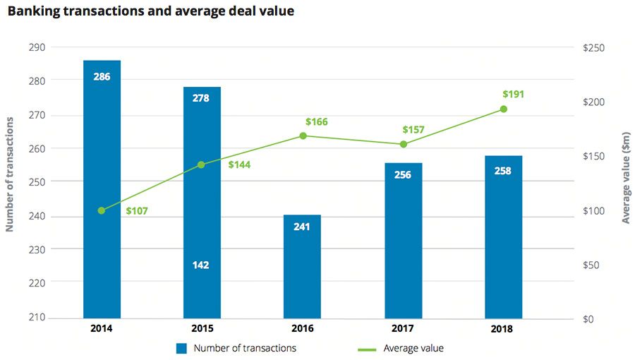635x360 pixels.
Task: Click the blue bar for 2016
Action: (302, 266)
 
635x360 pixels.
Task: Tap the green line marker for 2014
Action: (102, 210)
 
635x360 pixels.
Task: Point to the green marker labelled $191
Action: (503, 109)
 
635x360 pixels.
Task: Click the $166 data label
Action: (316, 122)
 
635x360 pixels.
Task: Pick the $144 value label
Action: (239, 164)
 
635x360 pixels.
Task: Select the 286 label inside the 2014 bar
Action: (102, 76)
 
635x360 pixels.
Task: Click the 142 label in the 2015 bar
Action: (201, 265)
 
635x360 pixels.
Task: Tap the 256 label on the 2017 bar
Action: (403, 175)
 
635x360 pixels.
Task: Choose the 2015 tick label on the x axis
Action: (202, 328)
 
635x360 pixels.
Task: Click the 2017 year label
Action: (403, 328)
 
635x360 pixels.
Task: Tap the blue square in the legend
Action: (182, 348)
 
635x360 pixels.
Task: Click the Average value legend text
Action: (413, 348)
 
